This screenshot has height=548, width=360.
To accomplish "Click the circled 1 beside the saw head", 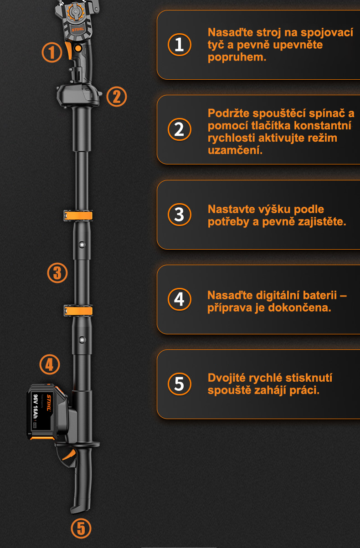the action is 52,52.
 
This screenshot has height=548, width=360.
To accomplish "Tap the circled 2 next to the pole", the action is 117,97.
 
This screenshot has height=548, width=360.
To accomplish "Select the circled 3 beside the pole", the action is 57,273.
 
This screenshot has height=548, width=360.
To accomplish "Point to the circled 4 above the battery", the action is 50,364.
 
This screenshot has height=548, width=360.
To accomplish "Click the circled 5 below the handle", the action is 81,528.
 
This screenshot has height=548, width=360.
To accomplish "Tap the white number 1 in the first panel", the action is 180,45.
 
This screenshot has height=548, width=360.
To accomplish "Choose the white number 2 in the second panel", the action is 180,129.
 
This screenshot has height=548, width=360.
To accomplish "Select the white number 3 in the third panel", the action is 180,215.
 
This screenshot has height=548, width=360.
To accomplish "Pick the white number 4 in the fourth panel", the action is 180,299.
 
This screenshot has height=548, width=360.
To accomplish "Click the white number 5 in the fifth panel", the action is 180,384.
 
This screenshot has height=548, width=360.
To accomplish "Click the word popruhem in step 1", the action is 237,58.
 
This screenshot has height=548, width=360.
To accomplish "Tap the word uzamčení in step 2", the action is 235,150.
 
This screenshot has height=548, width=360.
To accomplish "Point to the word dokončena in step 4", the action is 300,307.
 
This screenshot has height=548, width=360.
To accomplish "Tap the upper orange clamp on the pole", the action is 78,215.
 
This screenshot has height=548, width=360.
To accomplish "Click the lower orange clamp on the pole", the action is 78,311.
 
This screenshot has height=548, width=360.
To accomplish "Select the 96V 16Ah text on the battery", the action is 36,407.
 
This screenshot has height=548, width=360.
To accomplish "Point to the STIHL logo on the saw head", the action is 78,30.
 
